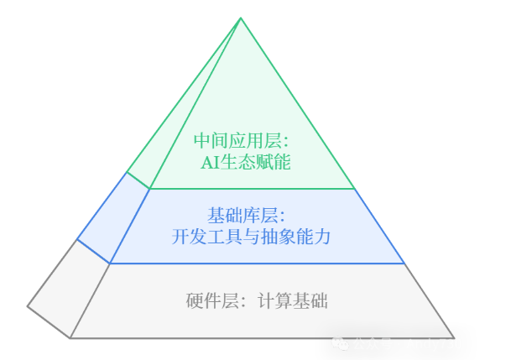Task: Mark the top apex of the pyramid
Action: click(x=241, y=18)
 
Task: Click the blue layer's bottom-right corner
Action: click(x=405, y=263)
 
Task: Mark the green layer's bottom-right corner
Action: click(x=356, y=189)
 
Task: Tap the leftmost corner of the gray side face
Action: click(x=28, y=306)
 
